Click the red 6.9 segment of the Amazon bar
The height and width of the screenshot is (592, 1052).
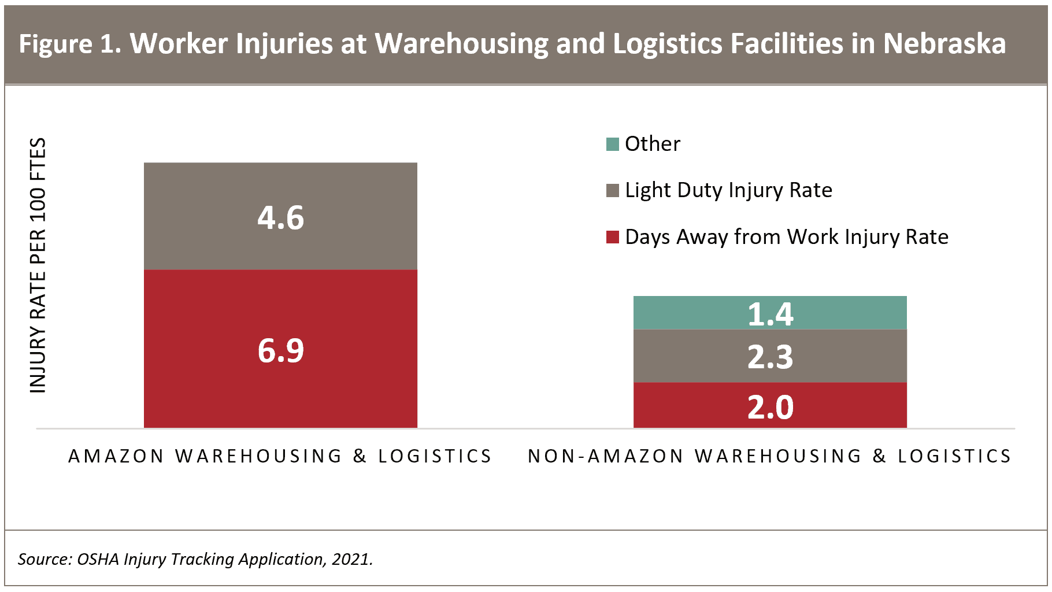tap(280, 349)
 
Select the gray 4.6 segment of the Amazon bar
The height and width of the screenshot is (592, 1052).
tap(280, 216)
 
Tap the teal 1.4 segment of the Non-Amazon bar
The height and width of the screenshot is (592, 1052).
tap(770, 313)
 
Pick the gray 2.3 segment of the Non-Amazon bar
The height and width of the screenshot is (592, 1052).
tap(770, 356)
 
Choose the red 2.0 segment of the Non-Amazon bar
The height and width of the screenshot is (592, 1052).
tap(770, 405)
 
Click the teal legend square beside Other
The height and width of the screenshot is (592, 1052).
tap(613, 144)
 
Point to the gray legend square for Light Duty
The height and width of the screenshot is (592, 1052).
tap(613, 190)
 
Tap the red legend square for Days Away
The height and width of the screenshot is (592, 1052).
tap(613, 237)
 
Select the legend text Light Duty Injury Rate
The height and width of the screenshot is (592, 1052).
tap(729, 190)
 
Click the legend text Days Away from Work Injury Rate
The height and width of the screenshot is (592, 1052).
tap(787, 237)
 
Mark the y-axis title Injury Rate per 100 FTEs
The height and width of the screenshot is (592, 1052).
tap(38, 265)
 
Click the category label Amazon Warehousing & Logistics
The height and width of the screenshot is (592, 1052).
tap(280, 456)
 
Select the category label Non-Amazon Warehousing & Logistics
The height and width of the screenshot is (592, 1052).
tap(770, 456)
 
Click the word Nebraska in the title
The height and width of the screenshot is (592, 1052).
tap(944, 43)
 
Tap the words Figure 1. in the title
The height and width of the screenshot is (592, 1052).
tap(70, 44)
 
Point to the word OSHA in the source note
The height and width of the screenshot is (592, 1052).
tap(98, 559)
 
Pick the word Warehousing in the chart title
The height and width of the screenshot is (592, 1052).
tap(461, 44)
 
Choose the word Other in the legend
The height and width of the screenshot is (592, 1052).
tap(653, 144)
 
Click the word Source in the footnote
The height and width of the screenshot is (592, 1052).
tap(45, 559)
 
